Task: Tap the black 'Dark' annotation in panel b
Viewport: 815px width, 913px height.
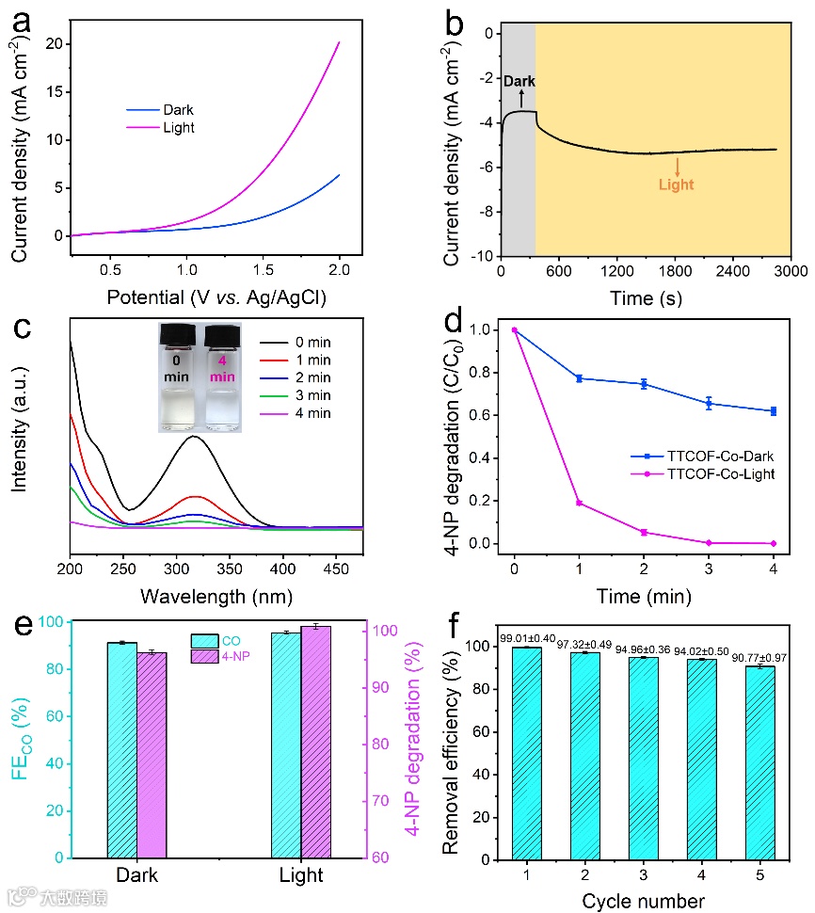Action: click(519, 82)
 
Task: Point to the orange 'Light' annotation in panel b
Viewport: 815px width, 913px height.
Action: click(676, 184)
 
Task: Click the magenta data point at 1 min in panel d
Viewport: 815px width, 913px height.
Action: click(579, 503)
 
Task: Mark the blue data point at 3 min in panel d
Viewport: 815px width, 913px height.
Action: click(709, 404)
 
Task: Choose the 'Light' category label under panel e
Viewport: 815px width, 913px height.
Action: click(301, 875)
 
